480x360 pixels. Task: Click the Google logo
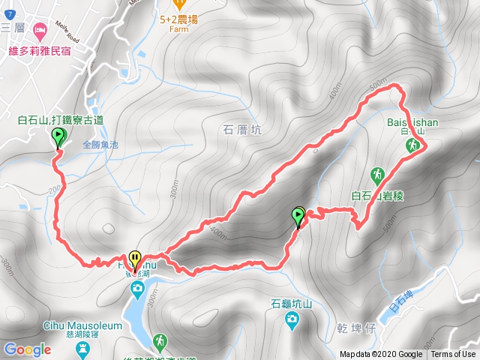pos(27,349)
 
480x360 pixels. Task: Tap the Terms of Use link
pos(452,354)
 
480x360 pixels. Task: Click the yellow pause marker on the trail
pos(134,259)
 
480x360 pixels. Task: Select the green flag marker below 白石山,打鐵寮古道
pos(58,136)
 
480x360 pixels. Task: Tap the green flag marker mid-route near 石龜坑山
pos(298,217)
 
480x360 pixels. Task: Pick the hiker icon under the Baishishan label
pos(412,148)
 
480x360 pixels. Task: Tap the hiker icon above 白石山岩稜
pos(378,176)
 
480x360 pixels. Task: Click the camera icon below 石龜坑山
pos(291,321)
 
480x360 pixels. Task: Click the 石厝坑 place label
pos(242,129)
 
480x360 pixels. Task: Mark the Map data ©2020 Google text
pos(381,354)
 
